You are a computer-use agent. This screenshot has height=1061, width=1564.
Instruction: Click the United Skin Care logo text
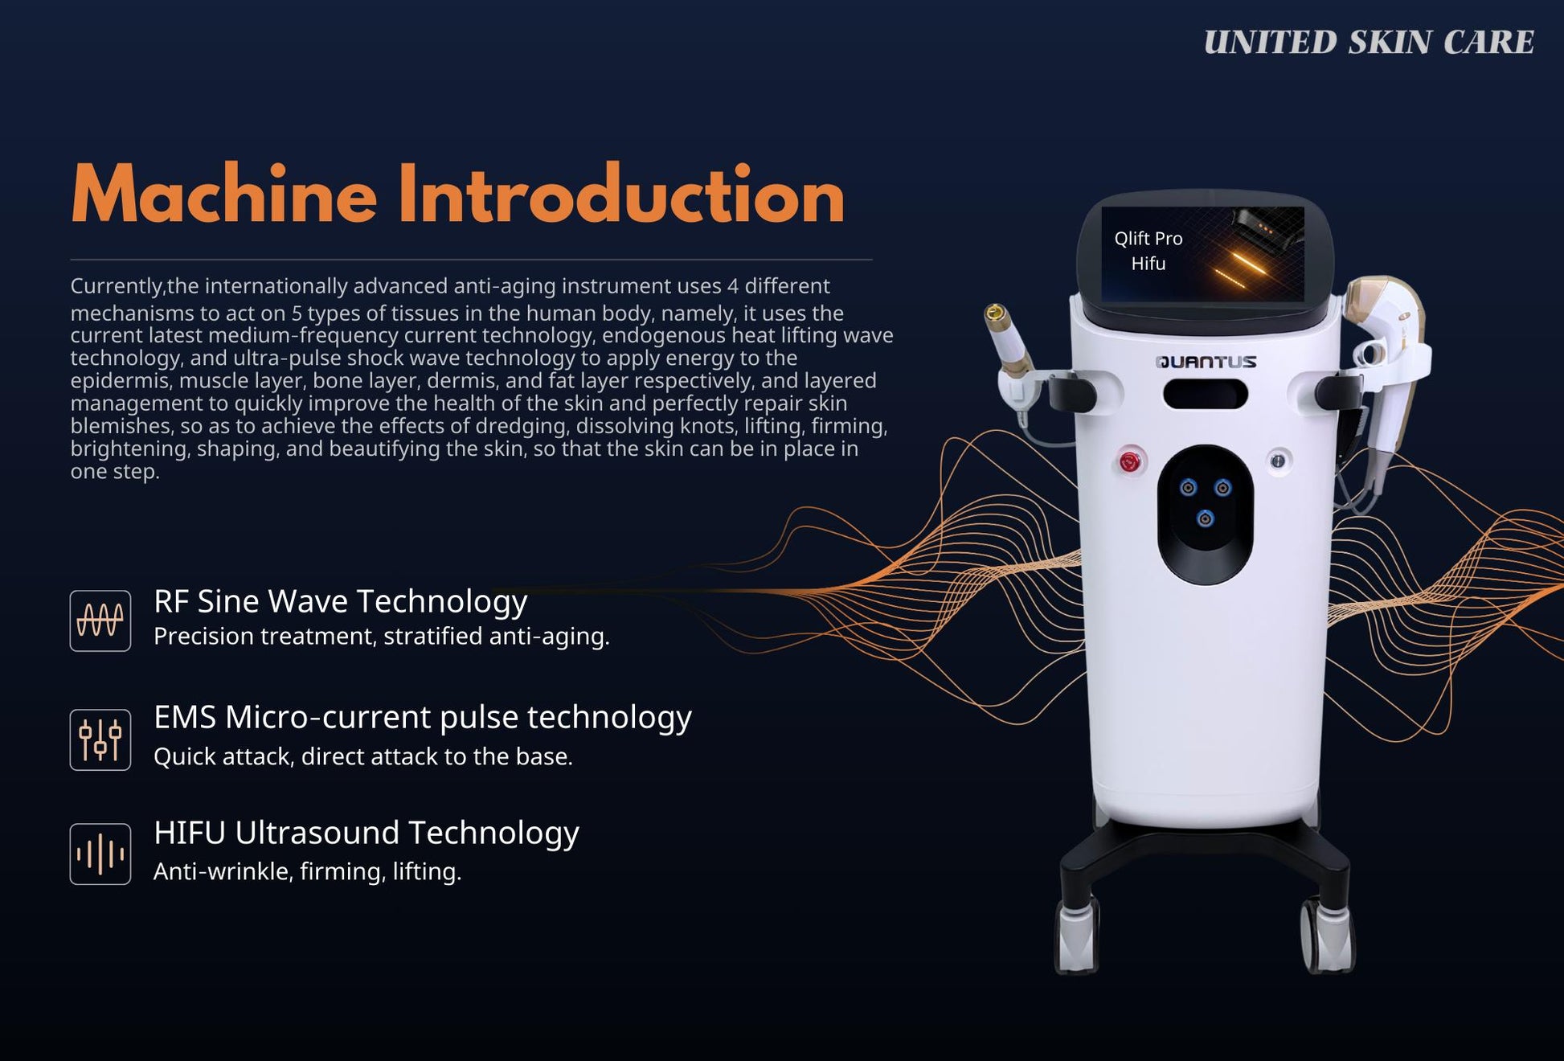click(x=1369, y=43)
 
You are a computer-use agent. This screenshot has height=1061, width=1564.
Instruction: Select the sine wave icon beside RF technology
click(x=100, y=621)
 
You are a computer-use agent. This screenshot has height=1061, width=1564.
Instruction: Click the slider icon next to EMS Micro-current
click(x=100, y=739)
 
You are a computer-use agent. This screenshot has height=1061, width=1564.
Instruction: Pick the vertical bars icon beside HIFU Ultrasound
click(x=100, y=854)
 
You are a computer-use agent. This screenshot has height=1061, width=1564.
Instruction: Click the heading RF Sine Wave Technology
click(x=340, y=601)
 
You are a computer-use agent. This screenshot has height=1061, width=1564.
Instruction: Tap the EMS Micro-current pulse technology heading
click(x=423, y=717)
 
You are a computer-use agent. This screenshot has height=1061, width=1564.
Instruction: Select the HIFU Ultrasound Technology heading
click(x=366, y=833)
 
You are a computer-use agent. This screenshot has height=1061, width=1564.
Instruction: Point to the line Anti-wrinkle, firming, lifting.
click(x=308, y=871)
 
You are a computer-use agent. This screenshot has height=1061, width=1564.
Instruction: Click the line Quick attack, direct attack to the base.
click(x=363, y=756)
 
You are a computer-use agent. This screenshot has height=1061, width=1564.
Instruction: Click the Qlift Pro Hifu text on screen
click(x=1148, y=251)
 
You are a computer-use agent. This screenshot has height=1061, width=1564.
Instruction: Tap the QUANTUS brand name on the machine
click(x=1206, y=362)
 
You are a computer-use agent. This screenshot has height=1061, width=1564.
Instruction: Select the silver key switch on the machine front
click(x=1278, y=461)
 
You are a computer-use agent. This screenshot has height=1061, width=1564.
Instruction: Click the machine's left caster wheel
click(x=1076, y=936)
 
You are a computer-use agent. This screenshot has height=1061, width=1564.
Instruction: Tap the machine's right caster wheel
click(x=1327, y=936)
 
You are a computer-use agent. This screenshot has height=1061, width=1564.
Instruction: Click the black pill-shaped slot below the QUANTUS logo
click(x=1206, y=395)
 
